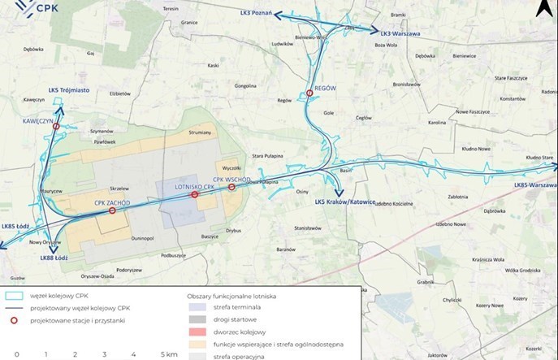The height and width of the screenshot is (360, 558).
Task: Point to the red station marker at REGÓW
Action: [309, 94]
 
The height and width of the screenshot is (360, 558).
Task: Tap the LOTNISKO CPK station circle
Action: [194, 195]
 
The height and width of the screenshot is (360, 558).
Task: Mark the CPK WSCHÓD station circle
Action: [232, 187]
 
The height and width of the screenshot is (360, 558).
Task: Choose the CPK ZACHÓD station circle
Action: [112, 210]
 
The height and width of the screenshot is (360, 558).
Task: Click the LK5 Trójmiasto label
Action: [69, 90]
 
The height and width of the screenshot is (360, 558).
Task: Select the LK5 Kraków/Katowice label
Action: [345, 201]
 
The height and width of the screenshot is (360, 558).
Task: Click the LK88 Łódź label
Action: [54, 258]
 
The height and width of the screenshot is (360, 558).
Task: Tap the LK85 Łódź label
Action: [15, 226]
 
